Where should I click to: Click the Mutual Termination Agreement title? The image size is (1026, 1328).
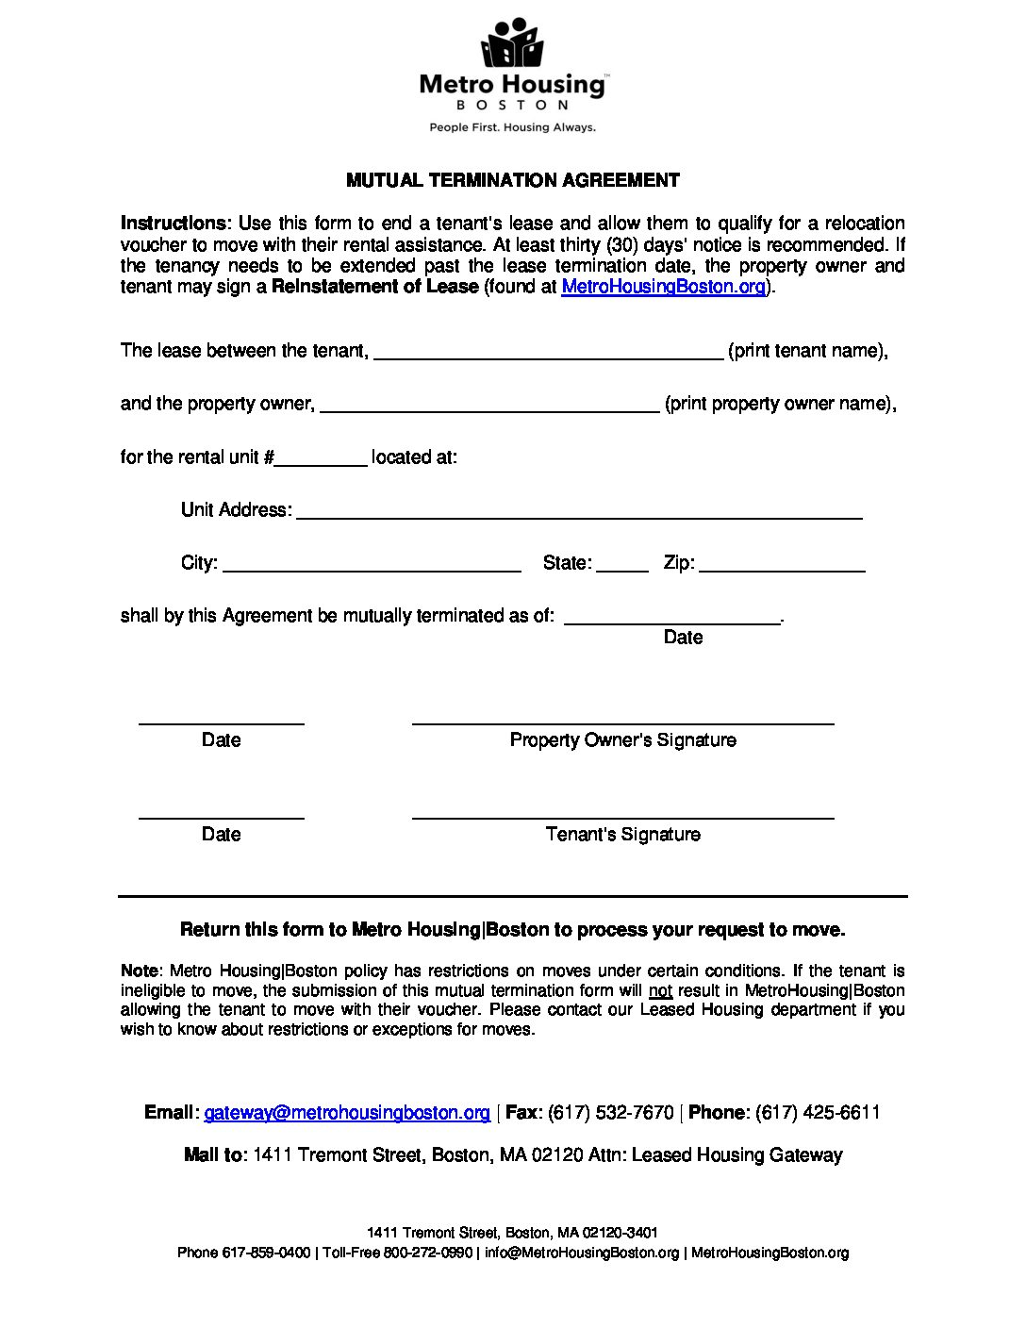pos(512,180)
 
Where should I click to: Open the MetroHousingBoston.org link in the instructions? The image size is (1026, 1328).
pos(663,287)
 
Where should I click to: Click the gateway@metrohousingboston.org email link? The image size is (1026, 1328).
pos(347,1113)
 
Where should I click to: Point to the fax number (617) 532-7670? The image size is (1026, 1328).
pos(610,1113)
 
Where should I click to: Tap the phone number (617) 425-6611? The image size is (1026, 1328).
pos(818,1113)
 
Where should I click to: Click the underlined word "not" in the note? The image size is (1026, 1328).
pos(660,991)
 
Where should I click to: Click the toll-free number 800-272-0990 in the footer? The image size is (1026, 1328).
pos(427,1253)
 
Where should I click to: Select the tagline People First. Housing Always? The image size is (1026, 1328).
pos(512,127)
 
